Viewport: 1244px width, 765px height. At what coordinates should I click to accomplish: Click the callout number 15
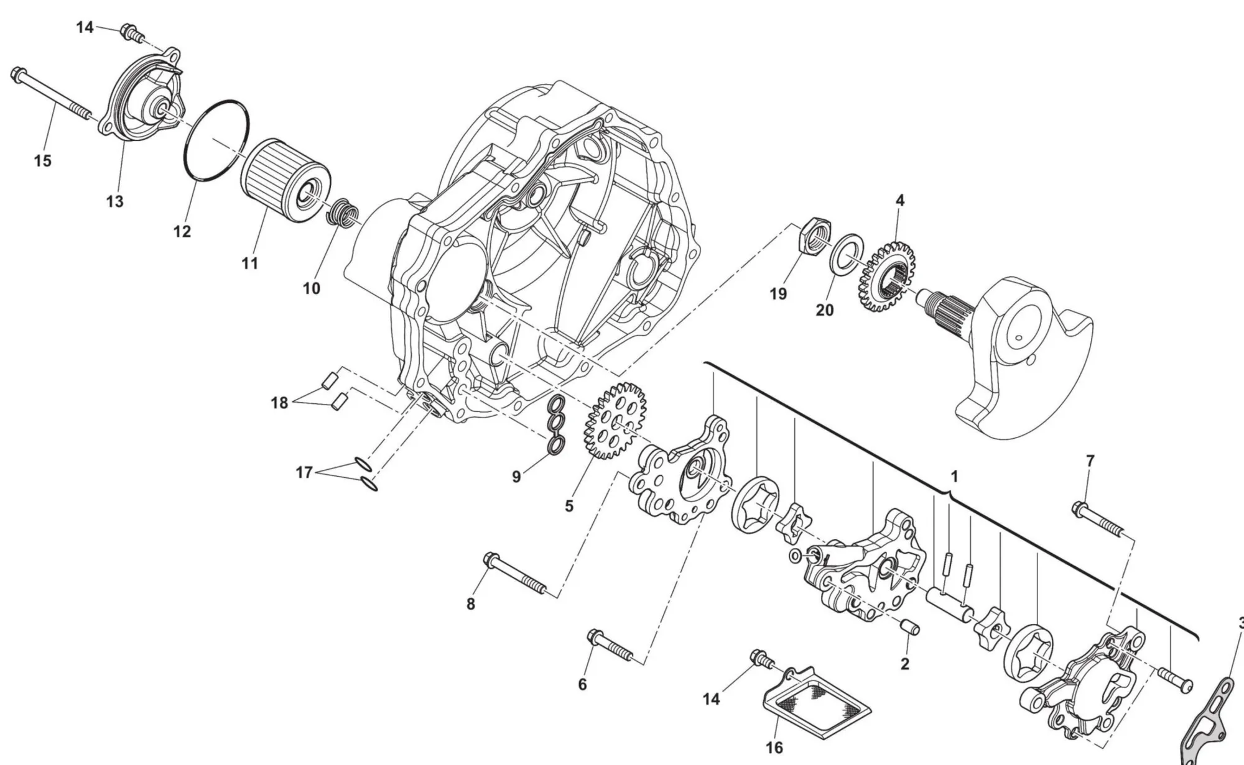tap(42, 161)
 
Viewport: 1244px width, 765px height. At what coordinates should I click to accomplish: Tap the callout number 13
tap(115, 201)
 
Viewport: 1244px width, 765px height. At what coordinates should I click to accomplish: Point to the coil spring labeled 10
tap(343, 213)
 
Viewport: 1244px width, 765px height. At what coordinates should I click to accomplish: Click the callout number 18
tap(279, 403)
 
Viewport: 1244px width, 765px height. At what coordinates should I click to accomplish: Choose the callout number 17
tap(304, 473)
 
